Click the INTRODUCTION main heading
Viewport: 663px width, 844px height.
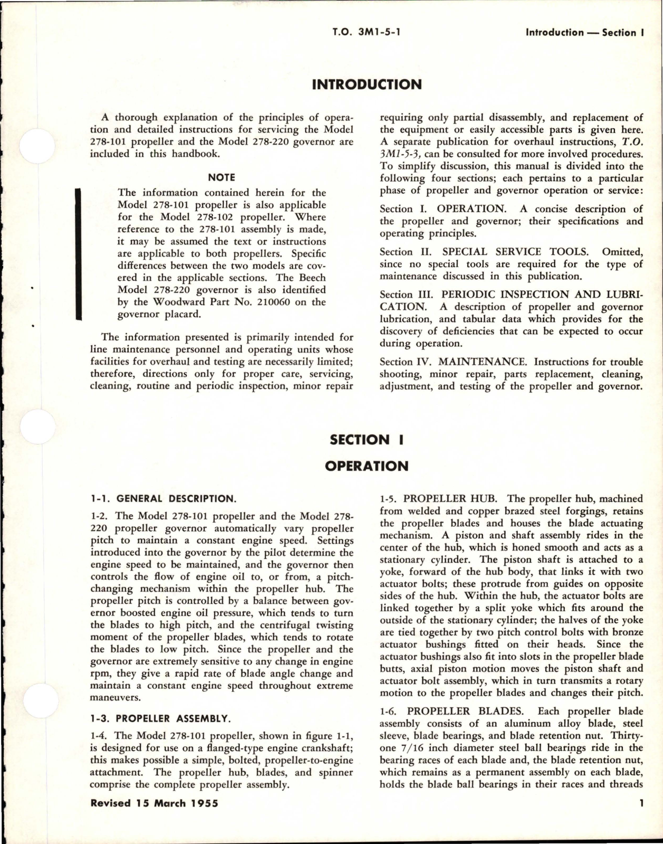coord(367,85)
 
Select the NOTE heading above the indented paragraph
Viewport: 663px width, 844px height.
coord(222,177)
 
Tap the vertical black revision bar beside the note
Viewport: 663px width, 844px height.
coord(79,254)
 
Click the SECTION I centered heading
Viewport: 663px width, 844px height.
coord(366,440)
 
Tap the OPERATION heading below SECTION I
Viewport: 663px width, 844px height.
coord(366,466)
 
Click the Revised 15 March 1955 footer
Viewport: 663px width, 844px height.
coord(154,803)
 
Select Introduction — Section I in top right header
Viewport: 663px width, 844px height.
coord(584,32)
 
